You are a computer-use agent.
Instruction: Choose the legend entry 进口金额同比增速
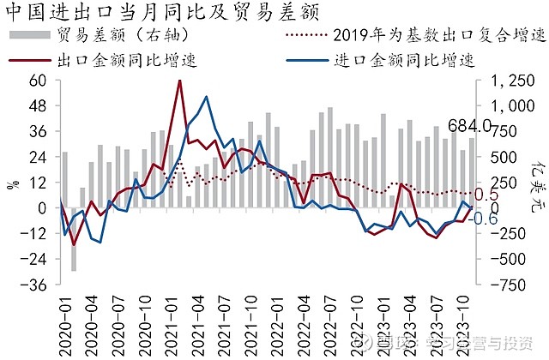[403, 59]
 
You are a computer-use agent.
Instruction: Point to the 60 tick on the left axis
[37, 81]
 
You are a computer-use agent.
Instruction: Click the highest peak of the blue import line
[206, 97]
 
